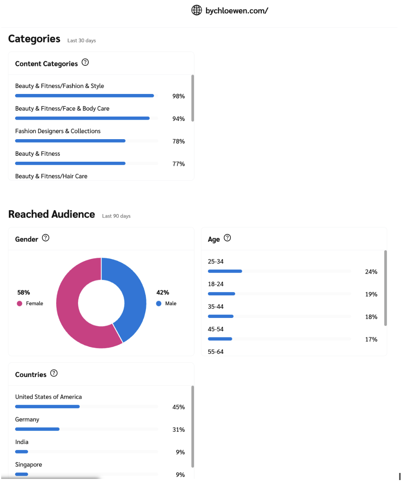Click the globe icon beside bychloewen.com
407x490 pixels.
[196, 10]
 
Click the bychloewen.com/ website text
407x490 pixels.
[236, 11]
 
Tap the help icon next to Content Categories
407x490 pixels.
[85, 63]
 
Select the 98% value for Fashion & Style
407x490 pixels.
[179, 96]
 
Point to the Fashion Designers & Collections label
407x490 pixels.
[58, 131]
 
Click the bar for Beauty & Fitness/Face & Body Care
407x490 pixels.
[82, 118]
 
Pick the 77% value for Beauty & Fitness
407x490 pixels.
[179, 164]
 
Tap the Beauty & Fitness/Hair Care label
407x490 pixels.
[51, 176]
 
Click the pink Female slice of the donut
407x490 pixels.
[71, 317]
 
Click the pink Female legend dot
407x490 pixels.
[19, 304]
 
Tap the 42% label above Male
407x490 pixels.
[163, 293]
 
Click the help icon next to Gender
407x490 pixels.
[46, 238]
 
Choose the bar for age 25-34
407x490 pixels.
[225, 271]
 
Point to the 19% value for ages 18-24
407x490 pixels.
[371, 295]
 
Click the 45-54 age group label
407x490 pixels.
[216, 329]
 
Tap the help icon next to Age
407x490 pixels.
[227, 238]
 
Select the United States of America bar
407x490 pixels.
[47, 407]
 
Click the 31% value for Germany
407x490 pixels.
[179, 430]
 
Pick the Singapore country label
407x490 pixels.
[29, 465]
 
